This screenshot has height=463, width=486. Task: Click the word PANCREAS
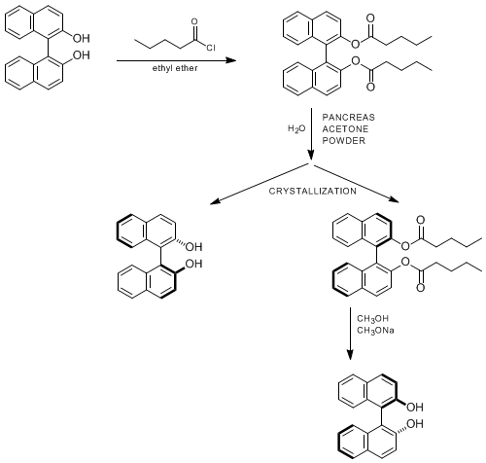coord(348,117)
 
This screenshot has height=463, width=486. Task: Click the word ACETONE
coord(345,129)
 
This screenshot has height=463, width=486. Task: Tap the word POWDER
coord(344,141)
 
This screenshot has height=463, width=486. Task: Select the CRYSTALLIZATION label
coord(312,191)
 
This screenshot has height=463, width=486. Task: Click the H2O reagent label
coord(296,129)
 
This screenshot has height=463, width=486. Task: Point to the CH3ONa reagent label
coord(375,331)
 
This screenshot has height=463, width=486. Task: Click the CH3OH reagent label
coord(372,319)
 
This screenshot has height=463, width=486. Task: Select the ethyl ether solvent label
coord(175,68)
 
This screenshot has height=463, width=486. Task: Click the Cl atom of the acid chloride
coord(211,48)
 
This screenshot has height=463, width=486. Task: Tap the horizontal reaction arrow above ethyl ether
coord(176,60)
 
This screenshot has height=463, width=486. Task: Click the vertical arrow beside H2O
coord(311,134)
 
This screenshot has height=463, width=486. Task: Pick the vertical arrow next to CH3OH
coord(350,334)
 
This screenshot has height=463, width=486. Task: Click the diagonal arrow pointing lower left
coord(260,184)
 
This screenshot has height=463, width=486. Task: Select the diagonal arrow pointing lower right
coord(357,184)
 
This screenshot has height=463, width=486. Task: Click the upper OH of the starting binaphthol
coord(81,38)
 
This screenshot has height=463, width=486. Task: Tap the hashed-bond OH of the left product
coord(193,247)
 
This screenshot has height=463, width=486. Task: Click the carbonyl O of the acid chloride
coord(194,22)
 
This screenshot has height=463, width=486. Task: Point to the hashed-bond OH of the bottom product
coord(415,424)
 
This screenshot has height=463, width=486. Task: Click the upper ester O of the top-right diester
coord(356,44)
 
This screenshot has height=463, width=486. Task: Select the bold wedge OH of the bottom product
coord(415,407)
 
